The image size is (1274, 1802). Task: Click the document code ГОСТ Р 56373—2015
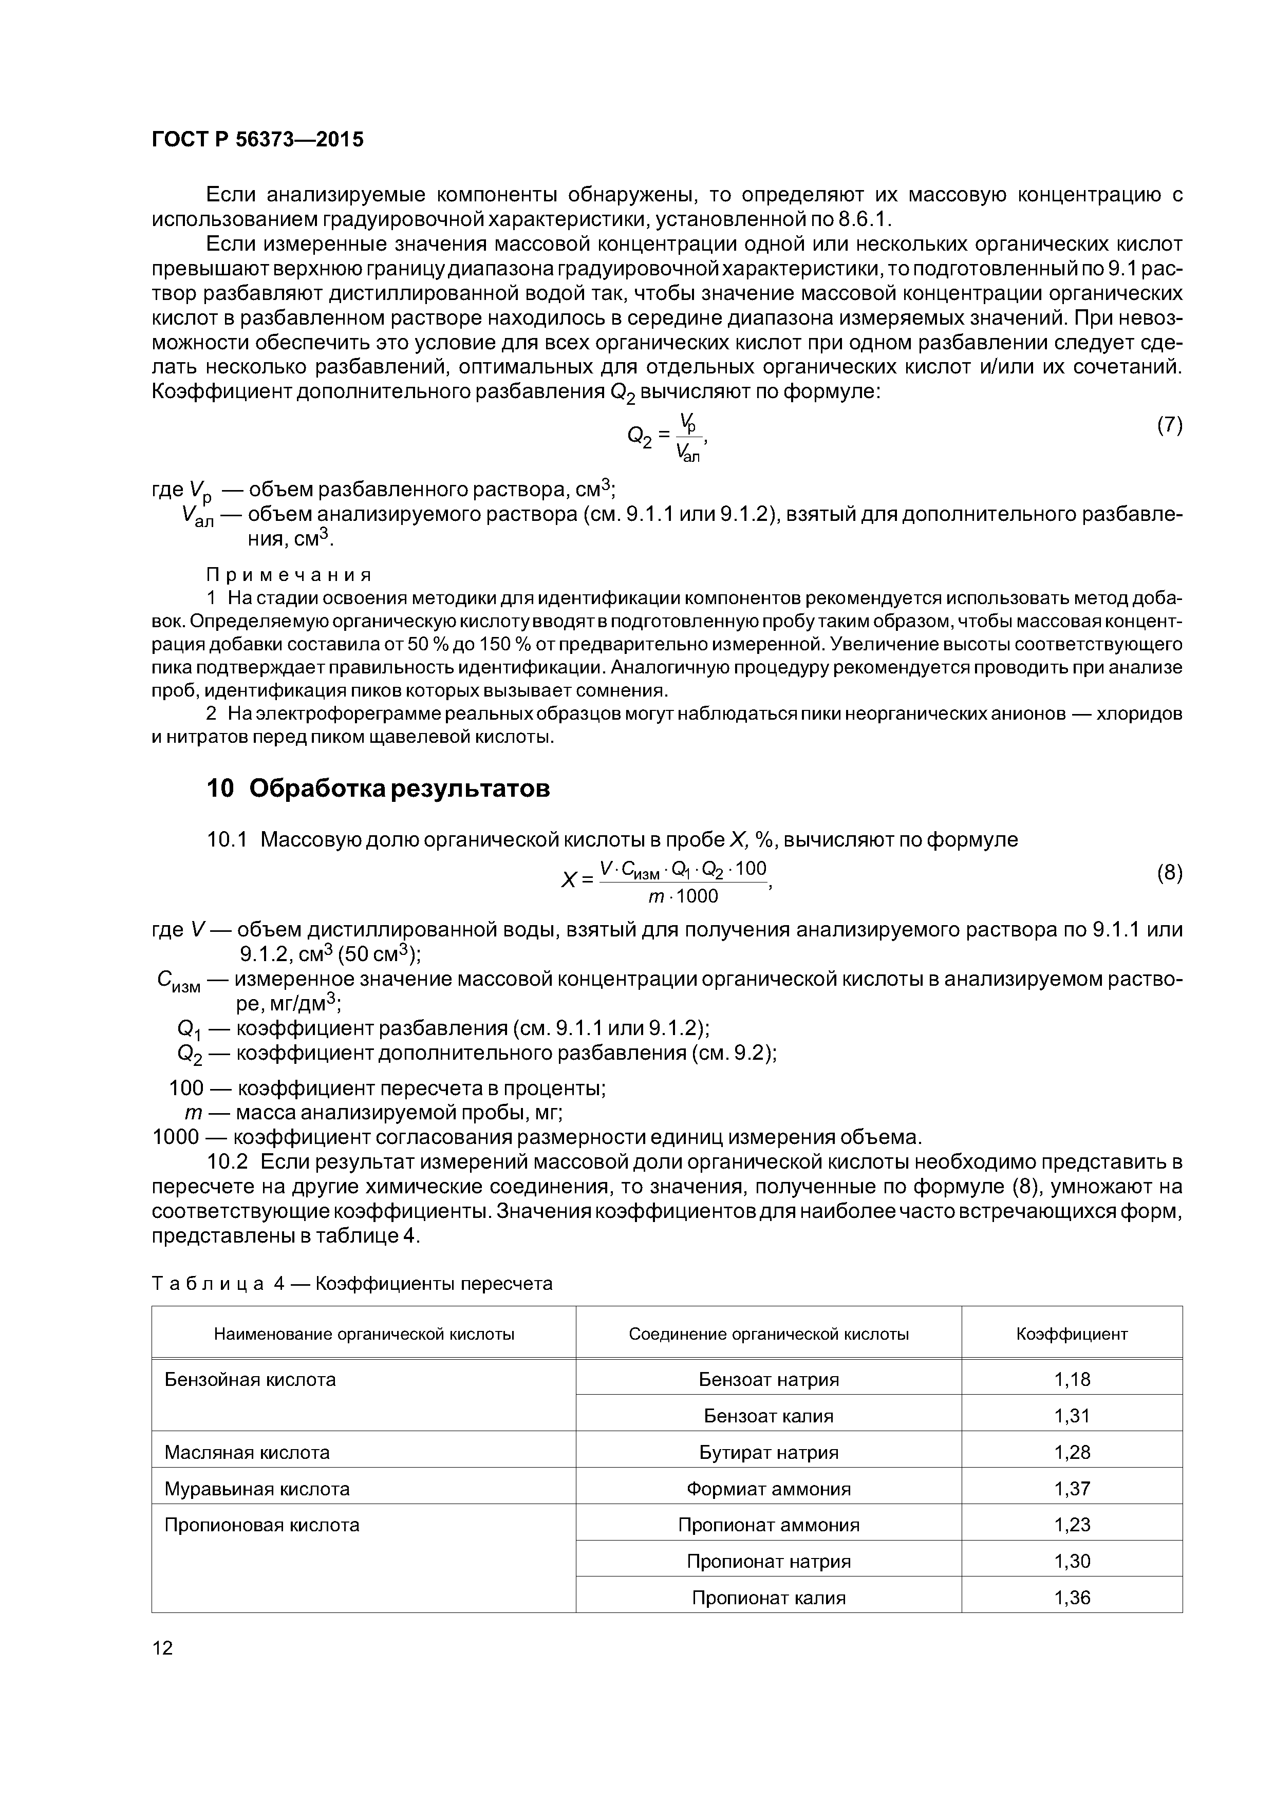point(257,140)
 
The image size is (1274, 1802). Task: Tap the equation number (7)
point(1169,425)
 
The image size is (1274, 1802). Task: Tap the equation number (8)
point(1169,874)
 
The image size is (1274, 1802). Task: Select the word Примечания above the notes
point(288,575)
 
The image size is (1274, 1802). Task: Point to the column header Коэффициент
point(1072,1334)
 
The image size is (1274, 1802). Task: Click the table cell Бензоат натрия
point(769,1380)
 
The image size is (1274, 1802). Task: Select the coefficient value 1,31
point(1072,1416)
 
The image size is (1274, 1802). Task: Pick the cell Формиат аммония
point(769,1489)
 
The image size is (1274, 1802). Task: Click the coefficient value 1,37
point(1072,1489)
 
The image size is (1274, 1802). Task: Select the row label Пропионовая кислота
point(261,1525)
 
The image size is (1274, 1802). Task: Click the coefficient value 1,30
point(1072,1561)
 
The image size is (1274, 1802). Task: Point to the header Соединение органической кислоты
point(769,1334)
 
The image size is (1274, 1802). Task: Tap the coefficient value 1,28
point(1072,1453)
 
